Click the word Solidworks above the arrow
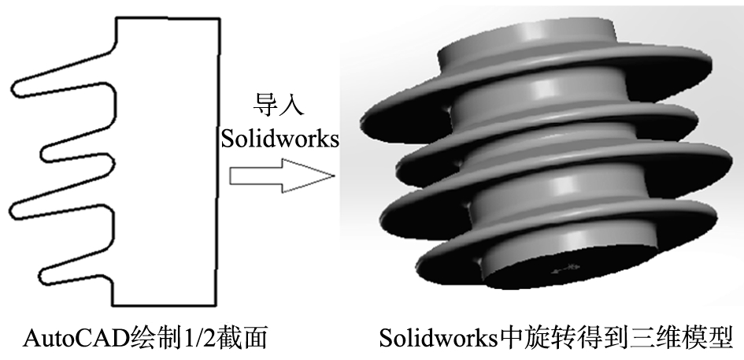279,139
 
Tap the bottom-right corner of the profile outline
216,306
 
